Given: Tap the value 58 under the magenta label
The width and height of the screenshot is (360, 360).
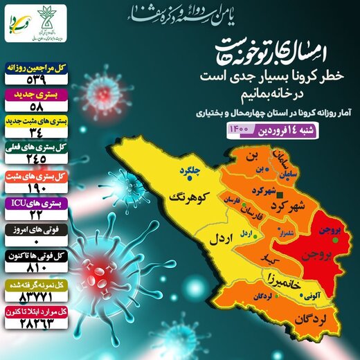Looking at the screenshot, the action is [34, 107].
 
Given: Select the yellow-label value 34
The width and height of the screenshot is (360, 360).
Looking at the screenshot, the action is [34, 137].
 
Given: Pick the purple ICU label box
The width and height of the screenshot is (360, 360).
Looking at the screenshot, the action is [34, 203].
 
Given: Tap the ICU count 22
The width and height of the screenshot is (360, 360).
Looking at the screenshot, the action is [34, 215].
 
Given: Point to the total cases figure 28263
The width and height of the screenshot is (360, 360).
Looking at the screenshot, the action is [34, 319].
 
